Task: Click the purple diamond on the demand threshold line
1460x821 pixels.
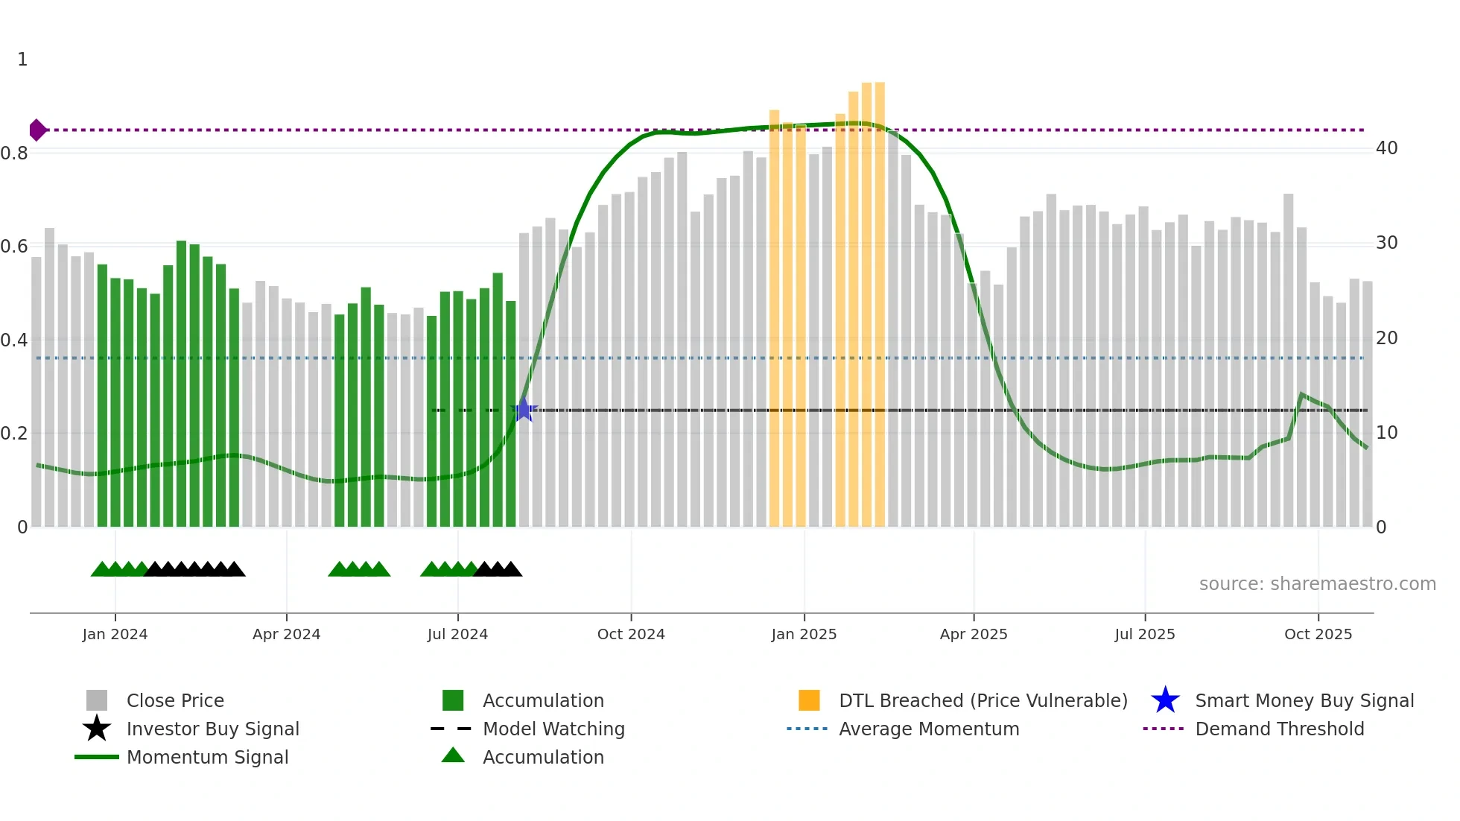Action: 37,130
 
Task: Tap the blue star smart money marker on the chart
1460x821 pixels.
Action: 524,410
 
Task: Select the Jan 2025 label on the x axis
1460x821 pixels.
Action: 804,634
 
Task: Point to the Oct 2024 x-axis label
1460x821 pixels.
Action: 631,634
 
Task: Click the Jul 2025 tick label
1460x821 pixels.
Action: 1145,634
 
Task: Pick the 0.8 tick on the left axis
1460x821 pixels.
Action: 14,153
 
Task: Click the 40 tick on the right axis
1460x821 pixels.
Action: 1386,148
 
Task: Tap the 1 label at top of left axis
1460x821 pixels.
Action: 22,60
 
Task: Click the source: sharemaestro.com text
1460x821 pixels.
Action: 1317,584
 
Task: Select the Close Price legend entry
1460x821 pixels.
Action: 175,700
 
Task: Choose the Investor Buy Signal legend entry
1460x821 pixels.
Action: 212,729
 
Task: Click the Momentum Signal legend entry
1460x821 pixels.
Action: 207,757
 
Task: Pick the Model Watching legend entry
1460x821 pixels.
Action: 553,729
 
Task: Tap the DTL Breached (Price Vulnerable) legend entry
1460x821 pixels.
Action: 983,700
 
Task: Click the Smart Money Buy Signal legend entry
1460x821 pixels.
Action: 1304,700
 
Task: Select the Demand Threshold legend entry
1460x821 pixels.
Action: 1279,729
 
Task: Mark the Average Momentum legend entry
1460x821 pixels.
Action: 929,729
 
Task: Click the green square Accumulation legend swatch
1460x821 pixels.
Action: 453,700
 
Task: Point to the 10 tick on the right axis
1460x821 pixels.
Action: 1386,433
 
